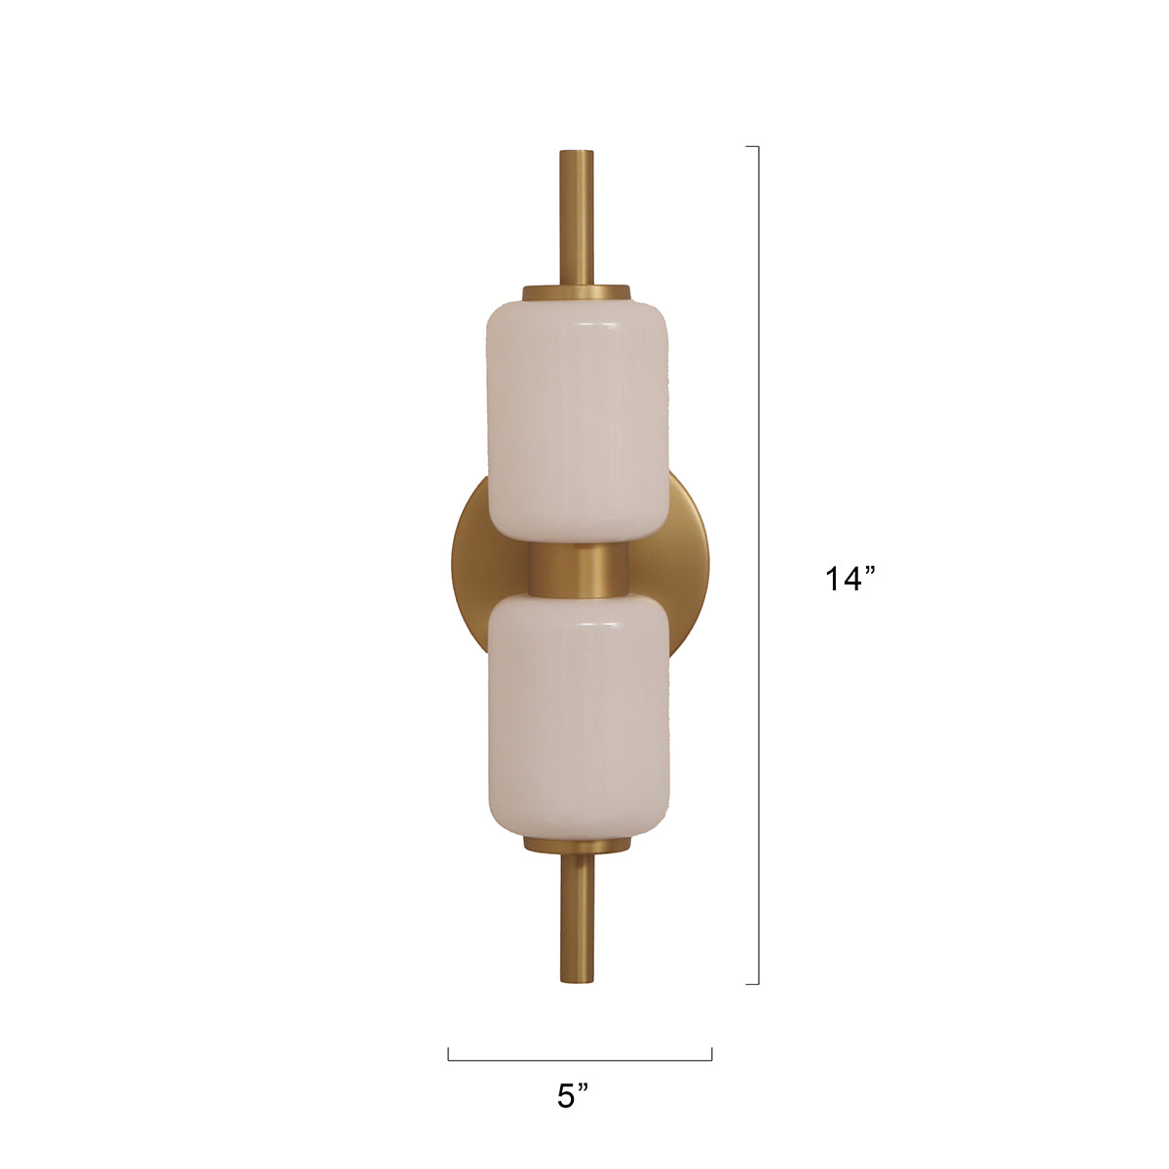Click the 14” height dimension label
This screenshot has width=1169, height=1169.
(851, 579)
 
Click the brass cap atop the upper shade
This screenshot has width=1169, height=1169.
(577, 292)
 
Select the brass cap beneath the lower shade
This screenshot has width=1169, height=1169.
(577, 844)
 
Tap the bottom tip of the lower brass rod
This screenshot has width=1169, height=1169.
(577, 984)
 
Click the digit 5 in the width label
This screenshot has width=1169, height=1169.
(567, 1096)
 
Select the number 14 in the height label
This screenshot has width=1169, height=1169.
(842, 580)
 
